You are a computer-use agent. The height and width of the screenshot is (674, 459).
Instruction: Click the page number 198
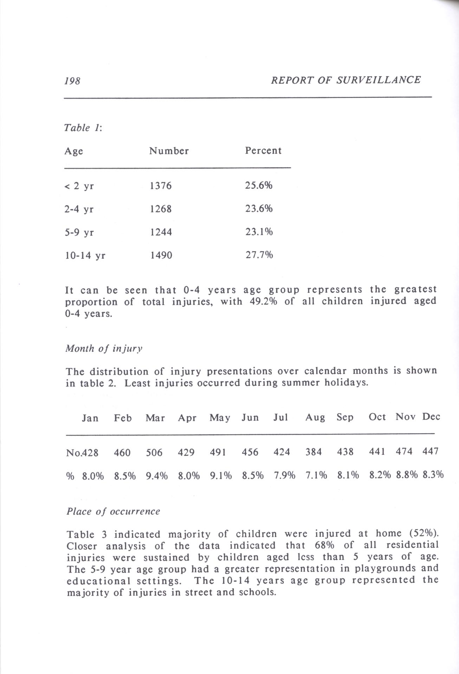pos(72,81)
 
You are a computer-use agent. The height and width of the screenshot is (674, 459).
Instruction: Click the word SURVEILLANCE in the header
pos(378,80)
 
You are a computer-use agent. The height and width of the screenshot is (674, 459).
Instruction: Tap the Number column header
pos(169,151)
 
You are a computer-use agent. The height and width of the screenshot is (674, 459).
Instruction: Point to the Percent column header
pos(263,151)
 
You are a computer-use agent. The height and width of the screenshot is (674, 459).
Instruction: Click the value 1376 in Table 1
pos(161,186)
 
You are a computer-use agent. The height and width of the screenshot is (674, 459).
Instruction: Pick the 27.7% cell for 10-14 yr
pos(259,255)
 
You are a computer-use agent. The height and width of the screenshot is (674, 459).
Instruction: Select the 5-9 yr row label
pos(79,232)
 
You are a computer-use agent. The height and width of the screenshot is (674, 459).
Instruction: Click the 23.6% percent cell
pos(259,209)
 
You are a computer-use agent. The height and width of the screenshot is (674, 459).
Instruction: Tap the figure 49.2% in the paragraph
pos(263,302)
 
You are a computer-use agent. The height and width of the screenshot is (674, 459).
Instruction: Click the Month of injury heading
pos(104,349)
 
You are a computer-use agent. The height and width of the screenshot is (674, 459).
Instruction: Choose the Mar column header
pos(155,418)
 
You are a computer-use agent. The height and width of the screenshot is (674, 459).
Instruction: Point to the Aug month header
pos(315,417)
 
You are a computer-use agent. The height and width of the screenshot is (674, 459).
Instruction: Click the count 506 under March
pos(154,452)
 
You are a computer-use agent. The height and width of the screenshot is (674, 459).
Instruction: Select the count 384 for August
pos(313,452)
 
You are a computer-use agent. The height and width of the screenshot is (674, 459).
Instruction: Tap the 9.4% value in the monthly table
pos(157,476)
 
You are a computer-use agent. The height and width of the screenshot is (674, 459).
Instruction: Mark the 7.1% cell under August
pos(316,475)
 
